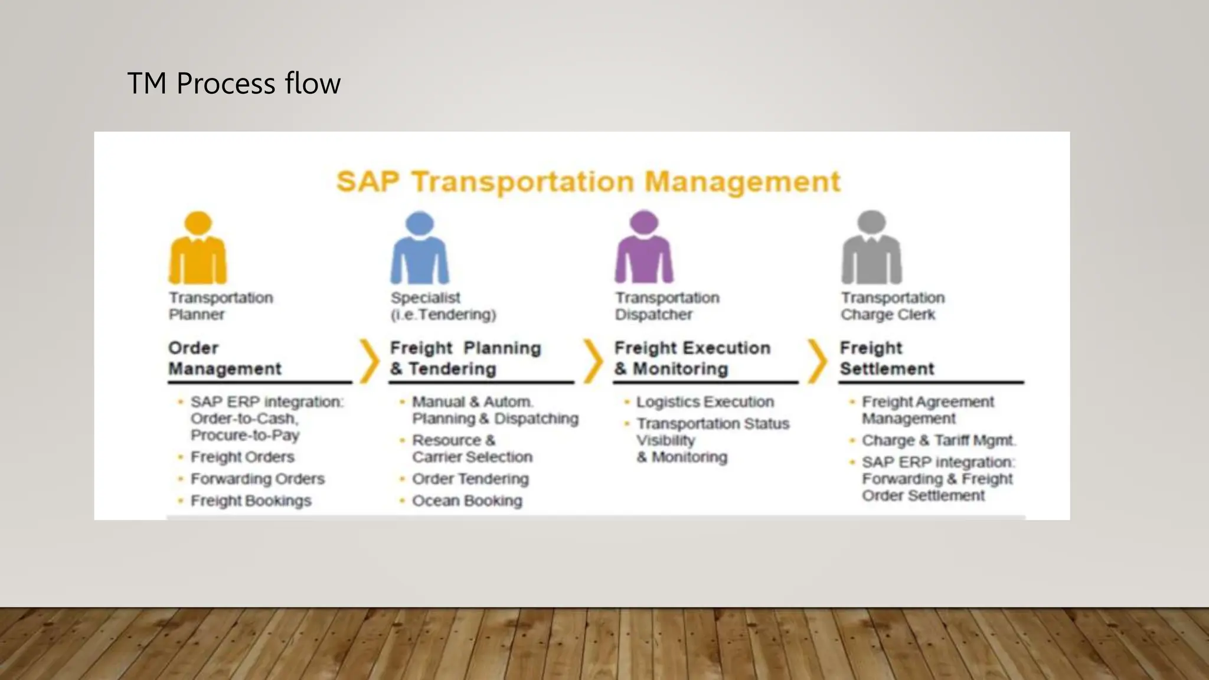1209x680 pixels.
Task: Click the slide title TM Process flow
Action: click(234, 83)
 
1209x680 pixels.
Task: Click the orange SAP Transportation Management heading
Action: click(588, 181)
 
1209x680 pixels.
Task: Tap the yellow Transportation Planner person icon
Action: click(198, 248)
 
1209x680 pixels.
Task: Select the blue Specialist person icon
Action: click(420, 248)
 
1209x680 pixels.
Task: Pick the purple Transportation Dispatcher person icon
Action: click(643, 248)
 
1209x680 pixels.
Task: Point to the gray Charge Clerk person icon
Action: click(871, 248)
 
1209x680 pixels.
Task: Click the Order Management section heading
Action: click(224, 358)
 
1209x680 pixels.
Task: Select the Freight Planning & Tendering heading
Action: click(465, 358)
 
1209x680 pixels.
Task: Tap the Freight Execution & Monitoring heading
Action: click(692, 358)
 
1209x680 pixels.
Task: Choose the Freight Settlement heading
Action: click(887, 358)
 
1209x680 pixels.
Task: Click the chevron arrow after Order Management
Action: click(370, 360)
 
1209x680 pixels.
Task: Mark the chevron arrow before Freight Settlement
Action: click(818, 360)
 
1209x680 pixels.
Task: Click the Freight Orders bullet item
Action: click(242, 457)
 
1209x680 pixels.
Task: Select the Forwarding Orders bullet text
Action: click(257, 479)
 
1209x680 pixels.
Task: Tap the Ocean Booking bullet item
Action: click(467, 501)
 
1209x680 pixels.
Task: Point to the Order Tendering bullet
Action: click(470, 479)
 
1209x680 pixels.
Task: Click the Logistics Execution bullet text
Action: click(705, 402)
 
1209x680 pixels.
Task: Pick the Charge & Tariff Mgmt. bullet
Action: click(938, 440)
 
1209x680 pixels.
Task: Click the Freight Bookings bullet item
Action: click(251, 501)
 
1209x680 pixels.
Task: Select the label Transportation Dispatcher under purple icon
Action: click(667, 306)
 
